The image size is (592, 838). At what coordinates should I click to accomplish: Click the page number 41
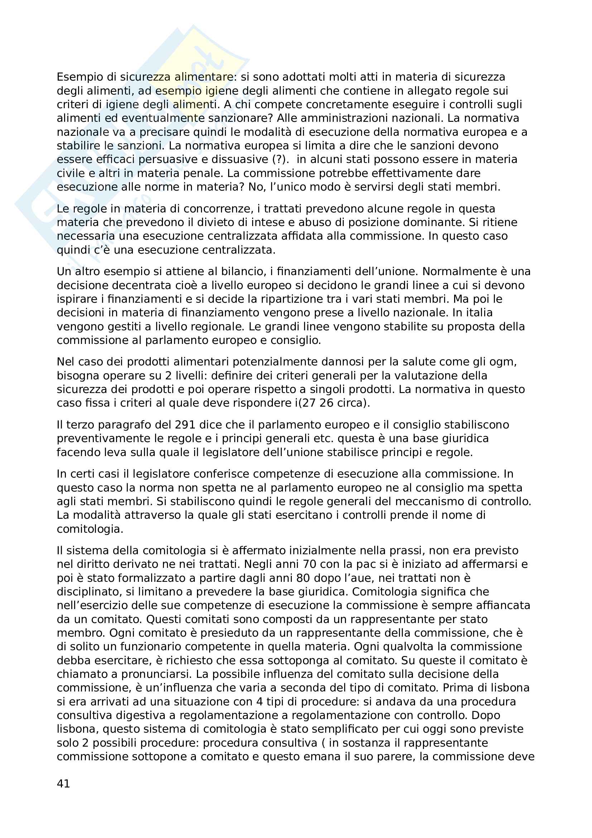coord(63,784)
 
